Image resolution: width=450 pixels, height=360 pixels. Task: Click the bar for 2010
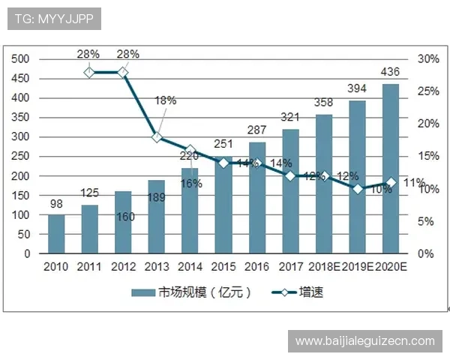[x=56, y=234]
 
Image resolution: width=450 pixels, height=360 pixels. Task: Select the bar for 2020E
[x=391, y=169]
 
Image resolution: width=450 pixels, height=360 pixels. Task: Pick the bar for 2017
[x=290, y=191]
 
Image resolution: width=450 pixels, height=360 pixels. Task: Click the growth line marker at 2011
[x=89, y=72]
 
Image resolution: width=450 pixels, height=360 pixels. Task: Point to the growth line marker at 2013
[x=156, y=137]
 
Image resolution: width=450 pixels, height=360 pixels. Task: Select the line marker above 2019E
[x=358, y=189]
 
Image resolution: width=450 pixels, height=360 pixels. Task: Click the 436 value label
[x=391, y=73]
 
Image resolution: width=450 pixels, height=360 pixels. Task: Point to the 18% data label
[x=165, y=100]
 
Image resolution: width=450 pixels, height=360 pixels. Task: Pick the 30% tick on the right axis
[x=428, y=59]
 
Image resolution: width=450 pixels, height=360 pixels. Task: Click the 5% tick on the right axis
[x=425, y=222]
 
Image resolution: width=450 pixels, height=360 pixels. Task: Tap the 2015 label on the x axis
[x=223, y=267]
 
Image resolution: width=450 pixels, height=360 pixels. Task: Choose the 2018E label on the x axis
[x=324, y=267]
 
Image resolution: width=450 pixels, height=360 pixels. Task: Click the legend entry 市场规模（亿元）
[x=190, y=292]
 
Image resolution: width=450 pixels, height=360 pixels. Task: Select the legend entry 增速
[x=297, y=292]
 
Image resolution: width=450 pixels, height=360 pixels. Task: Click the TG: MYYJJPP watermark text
[x=53, y=19]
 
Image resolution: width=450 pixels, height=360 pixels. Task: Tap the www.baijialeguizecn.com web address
[x=364, y=341]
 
